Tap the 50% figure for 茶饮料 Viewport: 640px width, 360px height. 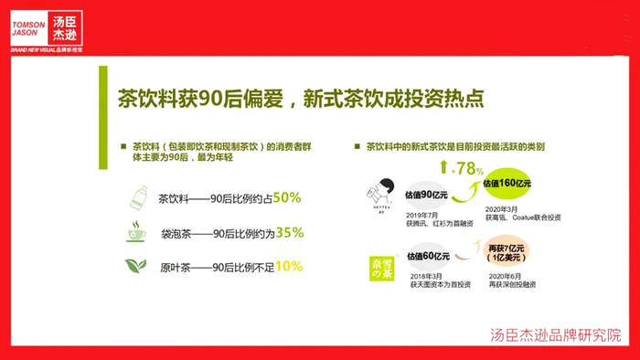click(x=287, y=197)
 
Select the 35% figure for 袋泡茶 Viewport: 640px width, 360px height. click(x=290, y=232)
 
